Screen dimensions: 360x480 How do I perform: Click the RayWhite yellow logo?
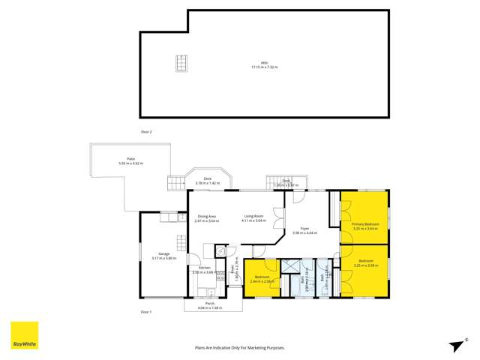coord(23,335)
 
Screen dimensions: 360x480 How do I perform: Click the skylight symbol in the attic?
coord(181,63)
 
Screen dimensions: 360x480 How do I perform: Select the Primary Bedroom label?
coord(365,226)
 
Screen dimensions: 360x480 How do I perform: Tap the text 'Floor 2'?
coord(146,132)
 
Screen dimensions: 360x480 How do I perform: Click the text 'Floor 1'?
coord(146,310)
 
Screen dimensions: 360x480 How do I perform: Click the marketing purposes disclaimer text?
coord(240,348)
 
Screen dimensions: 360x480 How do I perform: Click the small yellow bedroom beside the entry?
coord(262,279)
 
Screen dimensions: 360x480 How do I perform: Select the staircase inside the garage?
coord(181,243)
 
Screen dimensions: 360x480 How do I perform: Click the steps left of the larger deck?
coord(174,183)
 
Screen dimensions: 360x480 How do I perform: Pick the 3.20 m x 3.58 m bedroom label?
coord(365,264)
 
